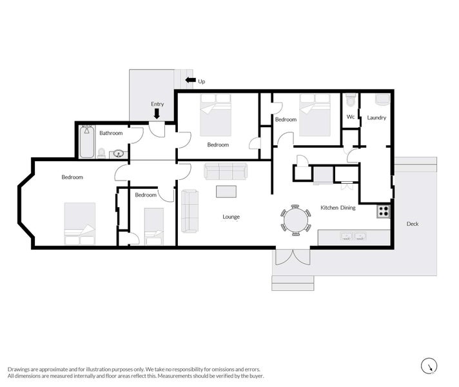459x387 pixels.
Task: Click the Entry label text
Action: click(x=157, y=104)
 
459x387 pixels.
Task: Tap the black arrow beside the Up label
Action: click(x=190, y=81)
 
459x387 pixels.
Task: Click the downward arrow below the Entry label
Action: click(x=157, y=114)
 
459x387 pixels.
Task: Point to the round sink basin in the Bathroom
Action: click(x=118, y=154)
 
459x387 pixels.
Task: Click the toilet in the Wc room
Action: click(x=351, y=101)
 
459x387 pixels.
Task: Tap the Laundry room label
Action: click(x=376, y=117)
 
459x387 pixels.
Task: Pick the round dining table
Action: click(x=295, y=219)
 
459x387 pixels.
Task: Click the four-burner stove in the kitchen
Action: click(x=384, y=211)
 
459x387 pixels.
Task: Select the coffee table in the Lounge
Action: click(x=226, y=192)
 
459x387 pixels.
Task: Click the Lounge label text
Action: click(x=231, y=217)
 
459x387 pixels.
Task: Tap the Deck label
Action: click(x=413, y=224)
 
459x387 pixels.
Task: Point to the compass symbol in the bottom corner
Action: click(x=429, y=366)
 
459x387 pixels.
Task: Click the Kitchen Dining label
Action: click(x=338, y=208)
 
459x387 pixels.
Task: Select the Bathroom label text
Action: click(x=111, y=133)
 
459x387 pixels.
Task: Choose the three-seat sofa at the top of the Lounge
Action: click(x=226, y=171)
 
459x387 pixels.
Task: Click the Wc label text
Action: click(x=351, y=117)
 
